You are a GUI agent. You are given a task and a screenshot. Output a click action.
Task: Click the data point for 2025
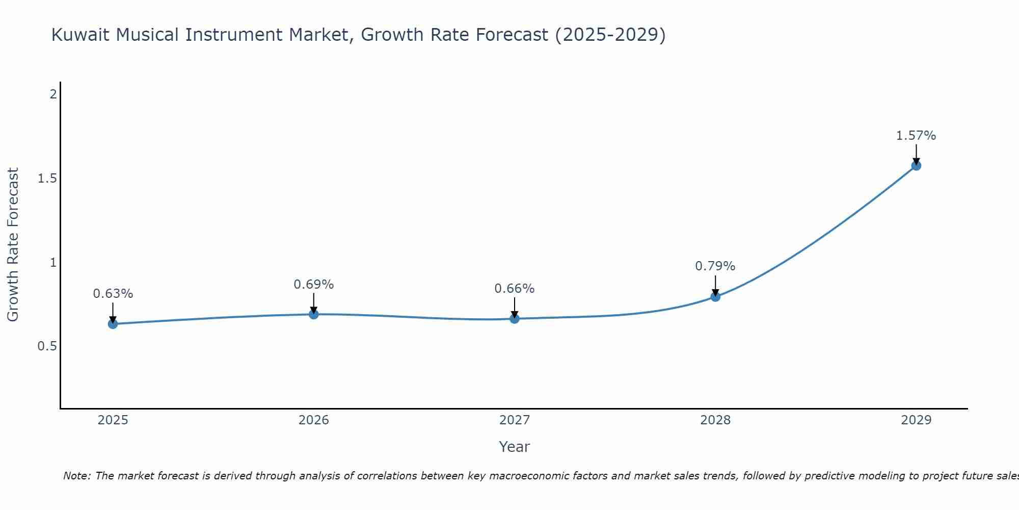pyautogui.click(x=113, y=324)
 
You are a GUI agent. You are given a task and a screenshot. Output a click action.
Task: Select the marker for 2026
pyautogui.click(x=314, y=314)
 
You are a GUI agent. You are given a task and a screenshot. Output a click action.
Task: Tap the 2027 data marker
pyautogui.click(x=515, y=319)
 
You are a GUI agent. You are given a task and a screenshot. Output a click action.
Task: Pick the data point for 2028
pyautogui.click(x=715, y=296)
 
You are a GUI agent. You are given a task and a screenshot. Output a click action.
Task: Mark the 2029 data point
pyautogui.click(x=916, y=165)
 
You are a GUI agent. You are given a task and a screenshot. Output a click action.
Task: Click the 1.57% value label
pyautogui.click(x=916, y=136)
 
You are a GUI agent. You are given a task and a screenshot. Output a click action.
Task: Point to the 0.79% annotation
pyautogui.click(x=715, y=266)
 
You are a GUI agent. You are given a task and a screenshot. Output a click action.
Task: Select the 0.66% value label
pyautogui.click(x=514, y=289)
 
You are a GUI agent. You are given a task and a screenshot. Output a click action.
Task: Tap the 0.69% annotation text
pyautogui.click(x=313, y=285)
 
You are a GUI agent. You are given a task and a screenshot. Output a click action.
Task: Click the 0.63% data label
pyautogui.click(x=113, y=294)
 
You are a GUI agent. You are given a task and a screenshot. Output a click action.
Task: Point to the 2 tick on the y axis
pyautogui.click(x=52, y=94)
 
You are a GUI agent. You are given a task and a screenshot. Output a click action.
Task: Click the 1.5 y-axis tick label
pyautogui.click(x=47, y=178)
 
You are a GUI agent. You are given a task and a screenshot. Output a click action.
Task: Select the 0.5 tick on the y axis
pyautogui.click(x=47, y=346)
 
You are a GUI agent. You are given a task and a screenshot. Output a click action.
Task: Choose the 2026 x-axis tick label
pyautogui.click(x=314, y=420)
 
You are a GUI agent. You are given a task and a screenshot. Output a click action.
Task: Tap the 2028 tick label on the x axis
pyautogui.click(x=715, y=420)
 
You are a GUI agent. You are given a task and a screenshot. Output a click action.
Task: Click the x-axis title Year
pyautogui.click(x=514, y=447)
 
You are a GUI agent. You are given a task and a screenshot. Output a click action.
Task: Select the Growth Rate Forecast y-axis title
pyautogui.click(x=13, y=245)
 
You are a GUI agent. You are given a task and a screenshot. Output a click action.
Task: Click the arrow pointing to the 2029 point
pyautogui.click(x=916, y=155)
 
